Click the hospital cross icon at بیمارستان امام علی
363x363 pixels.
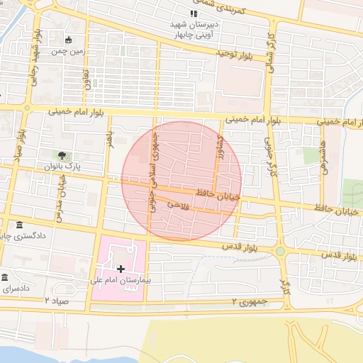pyautogui.click(x=120, y=269)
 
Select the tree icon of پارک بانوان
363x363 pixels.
pyautogui.click(x=62, y=155)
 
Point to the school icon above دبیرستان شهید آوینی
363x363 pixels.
pyautogui.click(x=193, y=14)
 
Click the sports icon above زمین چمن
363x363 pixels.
pyautogui.click(x=69, y=40)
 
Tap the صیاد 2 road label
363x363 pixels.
pyautogui.click(x=57, y=301)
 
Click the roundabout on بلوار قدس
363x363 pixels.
pyautogui.click(x=281, y=251)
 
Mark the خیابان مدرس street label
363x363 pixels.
pyautogui.click(x=59, y=196)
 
